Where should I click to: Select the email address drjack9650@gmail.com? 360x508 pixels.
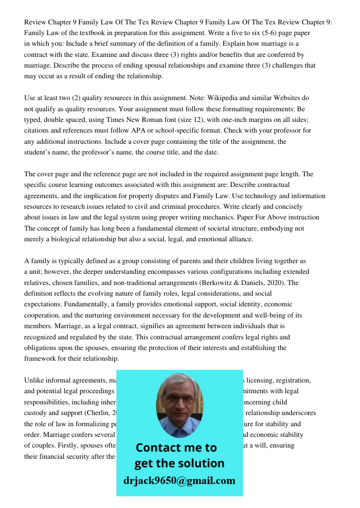tap(179, 481)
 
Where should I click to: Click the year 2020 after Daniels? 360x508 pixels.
tap(279, 282)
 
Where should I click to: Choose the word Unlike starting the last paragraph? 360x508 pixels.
tap(35, 380)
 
